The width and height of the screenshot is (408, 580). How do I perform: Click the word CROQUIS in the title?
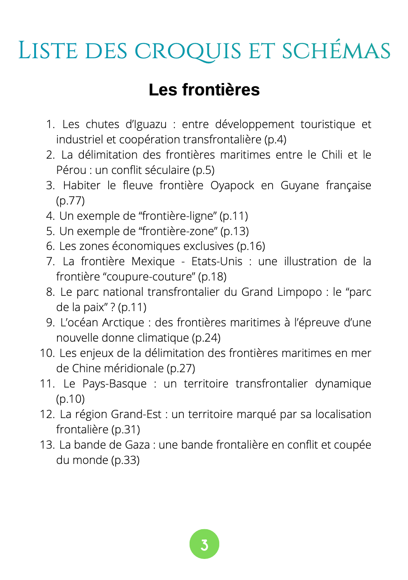(188, 51)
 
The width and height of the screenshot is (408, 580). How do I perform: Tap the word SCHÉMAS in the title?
(336, 51)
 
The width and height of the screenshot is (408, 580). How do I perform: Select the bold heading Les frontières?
(204, 90)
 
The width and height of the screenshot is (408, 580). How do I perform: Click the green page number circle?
(204, 544)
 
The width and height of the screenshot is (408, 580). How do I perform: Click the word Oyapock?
(232, 185)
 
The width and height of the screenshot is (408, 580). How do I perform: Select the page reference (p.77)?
(70, 201)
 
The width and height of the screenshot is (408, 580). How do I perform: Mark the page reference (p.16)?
(251, 246)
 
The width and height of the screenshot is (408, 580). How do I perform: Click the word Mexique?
(153, 261)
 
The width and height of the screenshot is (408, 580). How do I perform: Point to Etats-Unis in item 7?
(217, 261)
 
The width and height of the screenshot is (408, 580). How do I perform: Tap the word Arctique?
(123, 323)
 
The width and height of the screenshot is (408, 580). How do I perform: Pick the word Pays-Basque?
(114, 384)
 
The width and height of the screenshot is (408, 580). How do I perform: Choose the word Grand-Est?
(136, 414)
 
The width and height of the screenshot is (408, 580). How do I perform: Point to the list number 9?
(50, 323)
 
